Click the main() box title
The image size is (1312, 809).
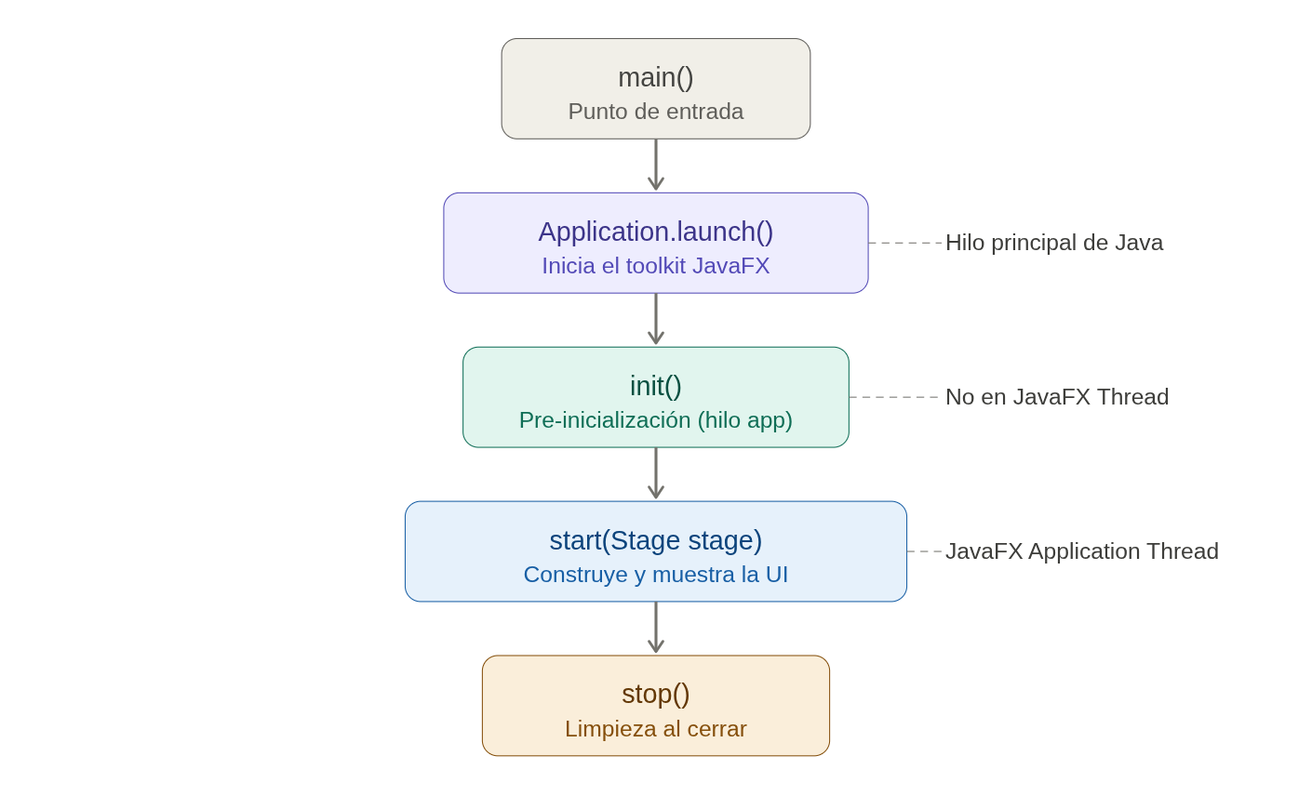[x=656, y=77]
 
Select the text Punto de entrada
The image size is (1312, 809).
[x=656, y=112]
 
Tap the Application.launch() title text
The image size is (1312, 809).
[x=656, y=232]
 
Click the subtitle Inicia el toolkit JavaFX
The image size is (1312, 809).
[x=656, y=266]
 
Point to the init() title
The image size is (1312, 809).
[x=656, y=386]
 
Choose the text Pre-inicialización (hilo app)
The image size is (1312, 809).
[x=656, y=420]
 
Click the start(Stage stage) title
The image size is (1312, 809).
[x=656, y=540]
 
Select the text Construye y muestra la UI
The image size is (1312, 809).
[x=656, y=575]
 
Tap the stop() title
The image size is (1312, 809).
[x=656, y=694]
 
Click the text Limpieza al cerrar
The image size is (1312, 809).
[x=656, y=729]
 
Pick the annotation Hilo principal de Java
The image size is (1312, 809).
[x=1054, y=243]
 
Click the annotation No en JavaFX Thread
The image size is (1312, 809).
[x=1057, y=397]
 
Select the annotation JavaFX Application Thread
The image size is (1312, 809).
[x=1081, y=551]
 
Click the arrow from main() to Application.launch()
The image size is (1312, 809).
[x=656, y=166]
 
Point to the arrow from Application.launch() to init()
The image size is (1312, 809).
[x=656, y=320]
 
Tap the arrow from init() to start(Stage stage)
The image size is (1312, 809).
[x=656, y=474]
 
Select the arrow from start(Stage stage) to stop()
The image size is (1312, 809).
[x=656, y=629]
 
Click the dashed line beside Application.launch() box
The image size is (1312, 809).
[x=905, y=243]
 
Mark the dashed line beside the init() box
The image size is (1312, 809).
[x=894, y=397]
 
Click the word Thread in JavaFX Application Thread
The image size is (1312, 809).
[x=1183, y=551]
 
